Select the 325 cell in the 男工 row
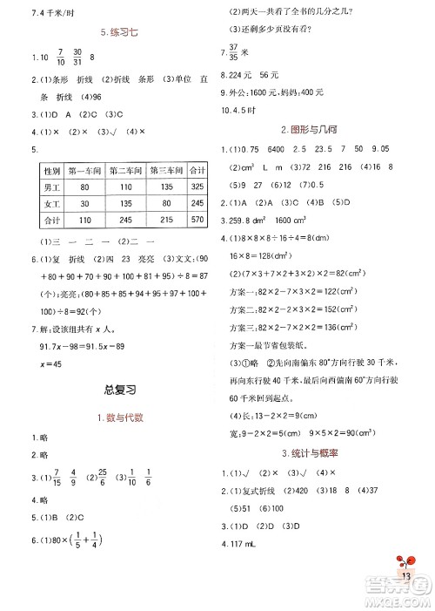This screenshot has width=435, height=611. (197, 187)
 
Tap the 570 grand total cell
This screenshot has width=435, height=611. (197, 221)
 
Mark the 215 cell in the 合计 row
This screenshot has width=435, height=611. (165, 221)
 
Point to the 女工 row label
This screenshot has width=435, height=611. (51, 204)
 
